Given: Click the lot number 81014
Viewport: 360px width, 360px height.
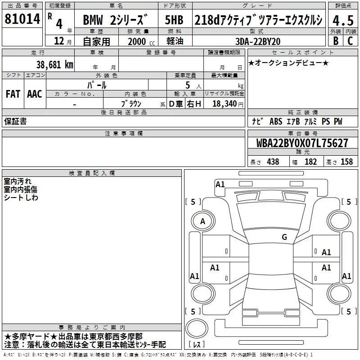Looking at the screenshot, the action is pyautogui.click(x=22, y=19).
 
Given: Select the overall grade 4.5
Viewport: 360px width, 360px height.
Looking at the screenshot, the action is pyautogui.click(x=343, y=20).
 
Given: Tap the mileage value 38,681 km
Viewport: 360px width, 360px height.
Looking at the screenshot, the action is pyautogui.click(x=54, y=65).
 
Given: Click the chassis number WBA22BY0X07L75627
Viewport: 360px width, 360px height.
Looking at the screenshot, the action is pyautogui.click(x=302, y=143).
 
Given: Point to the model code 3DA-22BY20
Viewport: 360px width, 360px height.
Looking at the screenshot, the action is pyautogui.click(x=258, y=41).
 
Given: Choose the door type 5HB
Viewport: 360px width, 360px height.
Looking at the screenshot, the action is pyautogui.click(x=174, y=20).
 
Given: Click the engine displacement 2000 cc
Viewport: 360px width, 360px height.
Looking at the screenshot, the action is pyautogui.click(x=141, y=41).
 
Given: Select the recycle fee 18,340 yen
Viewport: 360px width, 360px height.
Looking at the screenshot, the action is pyautogui.click(x=228, y=104).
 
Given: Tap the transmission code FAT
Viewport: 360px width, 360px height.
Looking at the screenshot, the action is pyautogui.click(x=13, y=94).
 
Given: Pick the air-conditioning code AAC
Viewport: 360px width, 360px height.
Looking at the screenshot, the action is pyautogui.click(x=35, y=94).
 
